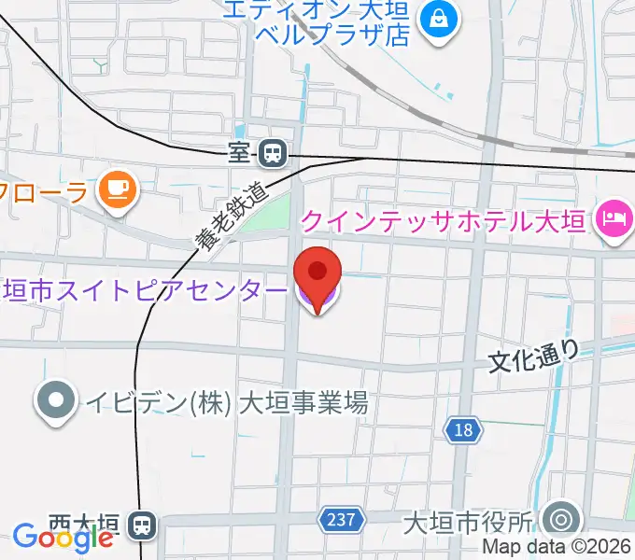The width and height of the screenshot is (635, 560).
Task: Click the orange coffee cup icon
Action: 119,189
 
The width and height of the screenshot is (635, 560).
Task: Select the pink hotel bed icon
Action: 614,220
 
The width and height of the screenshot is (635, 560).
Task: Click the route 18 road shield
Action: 463,430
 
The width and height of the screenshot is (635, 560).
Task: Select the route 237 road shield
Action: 340,518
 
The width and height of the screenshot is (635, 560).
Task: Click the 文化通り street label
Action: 533,356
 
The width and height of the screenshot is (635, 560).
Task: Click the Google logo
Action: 63,538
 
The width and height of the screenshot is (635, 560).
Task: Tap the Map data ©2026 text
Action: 557,548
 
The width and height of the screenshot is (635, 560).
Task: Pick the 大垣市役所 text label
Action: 468,521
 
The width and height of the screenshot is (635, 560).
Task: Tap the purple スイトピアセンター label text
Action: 145,291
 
